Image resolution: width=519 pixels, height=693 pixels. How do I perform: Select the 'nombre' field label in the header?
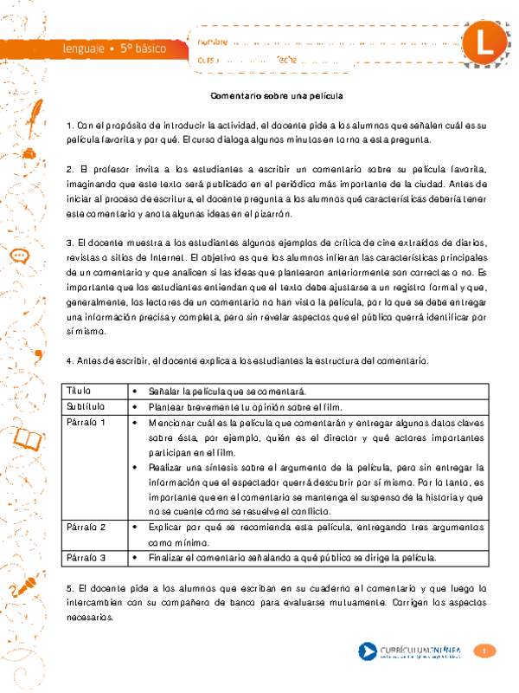(213, 41)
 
